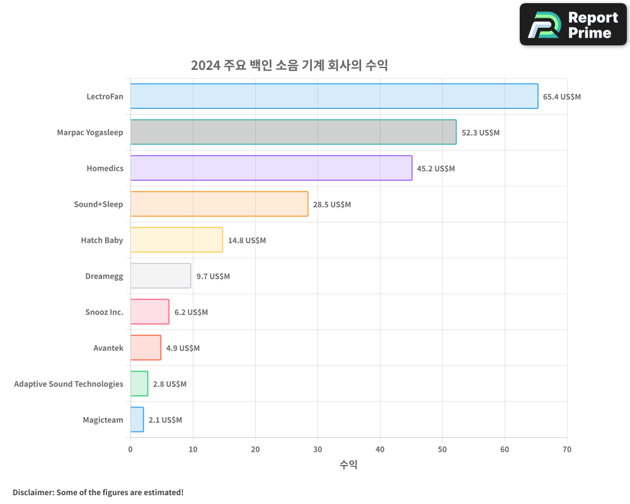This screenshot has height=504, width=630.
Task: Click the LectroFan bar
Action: (x=334, y=96)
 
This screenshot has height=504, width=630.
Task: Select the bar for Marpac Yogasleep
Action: (x=293, y=132)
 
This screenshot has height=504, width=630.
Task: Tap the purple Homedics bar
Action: (x=271, y=168)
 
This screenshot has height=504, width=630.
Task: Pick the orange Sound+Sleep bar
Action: (x=219, y=204)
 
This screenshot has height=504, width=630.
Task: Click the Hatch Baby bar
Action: (x=176, y=240)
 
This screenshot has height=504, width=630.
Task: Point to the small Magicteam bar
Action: (x=137, y=420)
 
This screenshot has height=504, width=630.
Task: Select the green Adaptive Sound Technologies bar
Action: (x=139, y=384)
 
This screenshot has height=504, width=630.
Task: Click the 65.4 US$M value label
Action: (x=562, y=97)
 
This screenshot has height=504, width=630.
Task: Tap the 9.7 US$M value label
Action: (x=213, y=277)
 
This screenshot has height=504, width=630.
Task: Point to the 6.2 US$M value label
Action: (x=191, y=312)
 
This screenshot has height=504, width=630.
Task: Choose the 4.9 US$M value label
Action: (x=183, y=348)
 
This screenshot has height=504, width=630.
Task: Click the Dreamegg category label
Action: (x=104, y=276)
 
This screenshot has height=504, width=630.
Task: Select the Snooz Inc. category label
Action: (x=104, y=312)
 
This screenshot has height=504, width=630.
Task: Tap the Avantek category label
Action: (x=108, y=348)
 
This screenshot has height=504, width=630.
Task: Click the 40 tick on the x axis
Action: (x=380, y=449)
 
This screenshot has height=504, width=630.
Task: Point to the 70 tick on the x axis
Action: (x=567, y=449)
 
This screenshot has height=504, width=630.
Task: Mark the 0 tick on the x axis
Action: (x=130, y=449)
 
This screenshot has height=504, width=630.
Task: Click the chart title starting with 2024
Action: (x=289, y=66)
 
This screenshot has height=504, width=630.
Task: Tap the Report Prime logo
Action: (x=573, y=25)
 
